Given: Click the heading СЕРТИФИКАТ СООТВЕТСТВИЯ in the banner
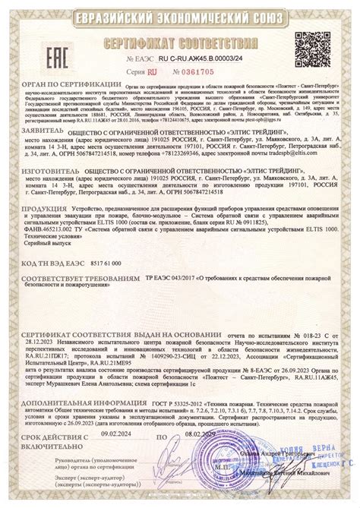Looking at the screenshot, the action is [179, 40].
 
